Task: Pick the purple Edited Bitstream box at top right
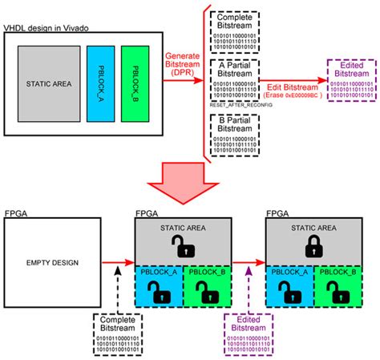tap(352, 80)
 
